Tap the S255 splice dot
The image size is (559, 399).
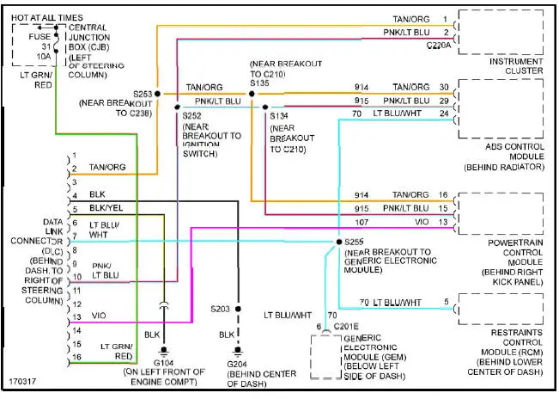335,242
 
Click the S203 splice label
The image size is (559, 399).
222,307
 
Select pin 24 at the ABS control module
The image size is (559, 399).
444,112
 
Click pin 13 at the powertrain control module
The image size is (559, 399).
444,222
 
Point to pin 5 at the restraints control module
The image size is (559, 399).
446,302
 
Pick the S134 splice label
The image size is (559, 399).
280,114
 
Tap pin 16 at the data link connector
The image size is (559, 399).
75,357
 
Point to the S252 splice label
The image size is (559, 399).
192,114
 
